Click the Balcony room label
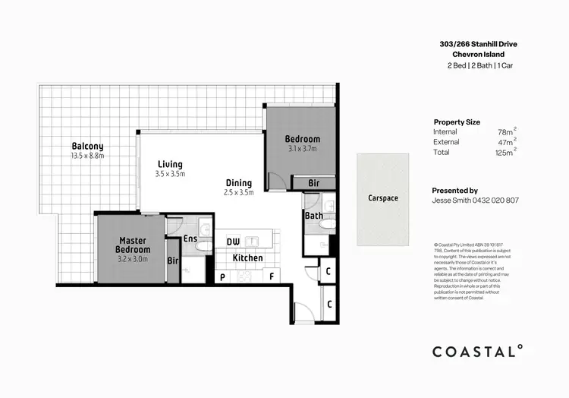88,146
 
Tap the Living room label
170,164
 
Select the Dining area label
238,183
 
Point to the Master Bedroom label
133,245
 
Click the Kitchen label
247,258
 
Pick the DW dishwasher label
234,242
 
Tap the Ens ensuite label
190,239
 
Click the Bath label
314,216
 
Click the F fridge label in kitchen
272,277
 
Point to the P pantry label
223,277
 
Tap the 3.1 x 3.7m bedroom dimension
303,149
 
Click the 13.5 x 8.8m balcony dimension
87,156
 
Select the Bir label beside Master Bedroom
172,261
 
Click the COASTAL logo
477,351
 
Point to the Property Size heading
457,122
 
